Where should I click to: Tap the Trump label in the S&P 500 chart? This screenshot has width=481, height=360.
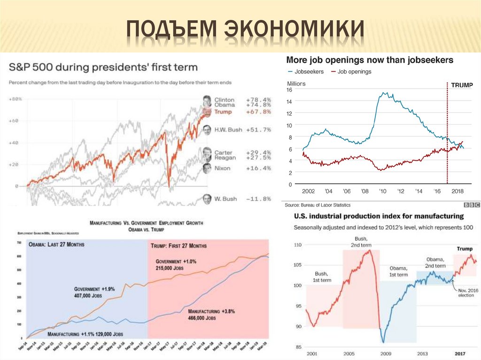223,112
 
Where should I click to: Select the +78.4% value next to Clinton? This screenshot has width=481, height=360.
258,100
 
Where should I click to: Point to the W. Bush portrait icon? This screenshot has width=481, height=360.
207,199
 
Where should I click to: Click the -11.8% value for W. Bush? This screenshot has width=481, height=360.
258,199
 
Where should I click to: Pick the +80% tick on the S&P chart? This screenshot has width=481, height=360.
16,99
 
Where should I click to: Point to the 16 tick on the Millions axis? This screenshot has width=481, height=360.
289,90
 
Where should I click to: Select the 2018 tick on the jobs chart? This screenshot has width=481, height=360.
458,191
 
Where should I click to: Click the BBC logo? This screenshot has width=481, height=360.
472,205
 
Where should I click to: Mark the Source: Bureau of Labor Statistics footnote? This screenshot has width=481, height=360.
318,205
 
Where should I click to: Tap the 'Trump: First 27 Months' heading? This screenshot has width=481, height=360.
178,245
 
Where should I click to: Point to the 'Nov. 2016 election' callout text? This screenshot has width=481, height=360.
466,292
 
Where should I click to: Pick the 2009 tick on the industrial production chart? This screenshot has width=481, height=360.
386,352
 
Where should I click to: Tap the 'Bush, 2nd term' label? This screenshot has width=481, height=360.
360,242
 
